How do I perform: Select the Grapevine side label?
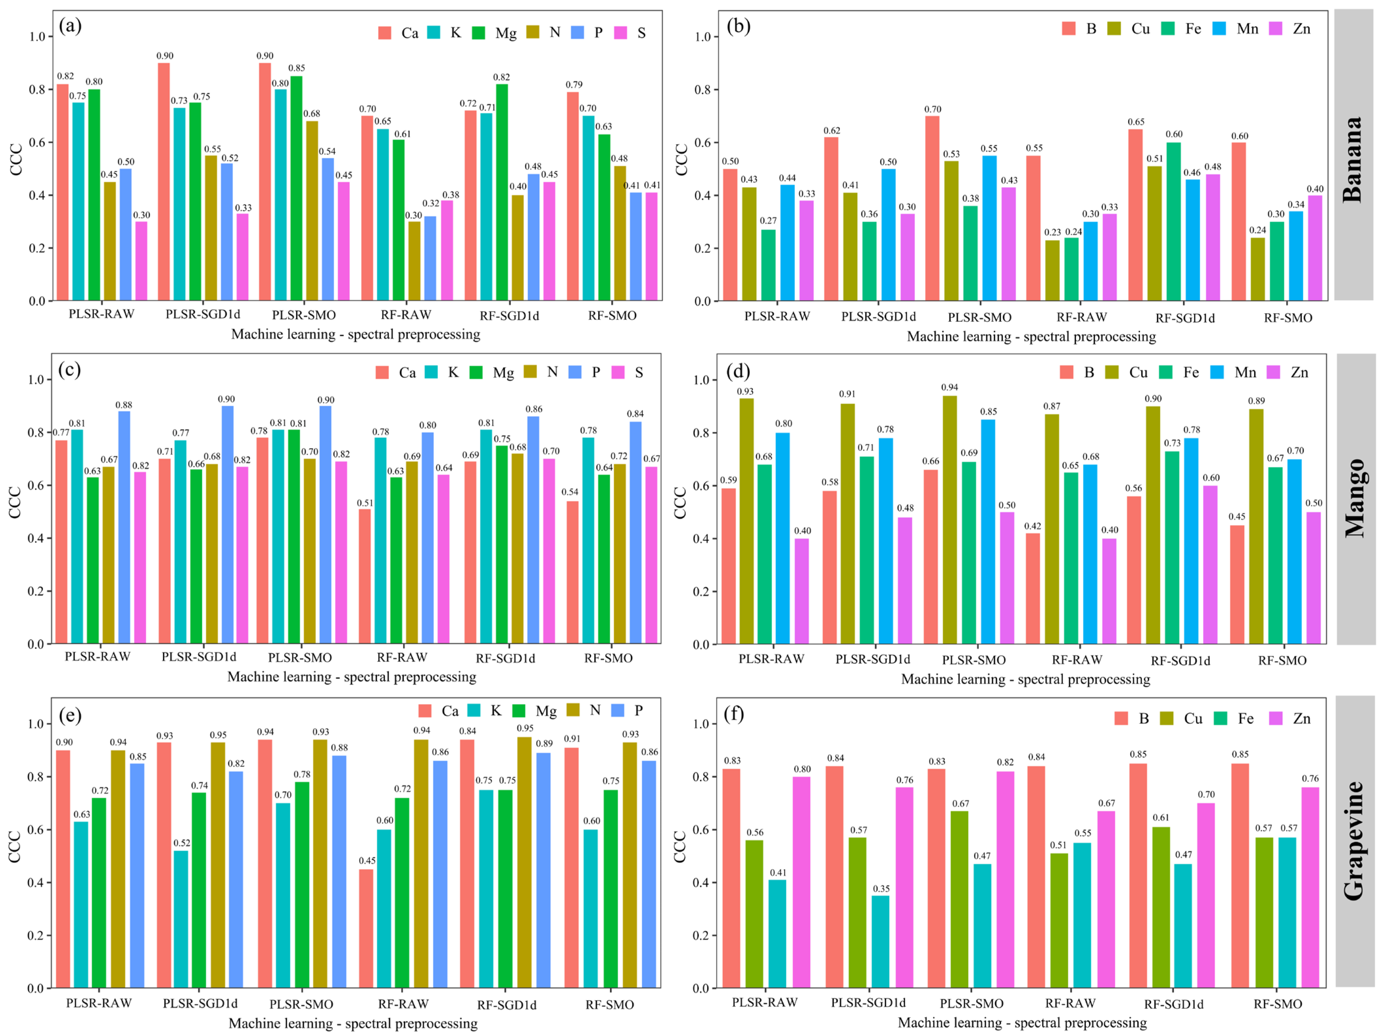(1354, 840)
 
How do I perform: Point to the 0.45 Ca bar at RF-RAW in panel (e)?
(366, 928)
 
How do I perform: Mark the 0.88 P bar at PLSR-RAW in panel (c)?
(124, 527)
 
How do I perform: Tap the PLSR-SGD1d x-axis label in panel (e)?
(200, 1003)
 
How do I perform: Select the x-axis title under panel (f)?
(1022, 1023)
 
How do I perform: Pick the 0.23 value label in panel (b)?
(1052, 233)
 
